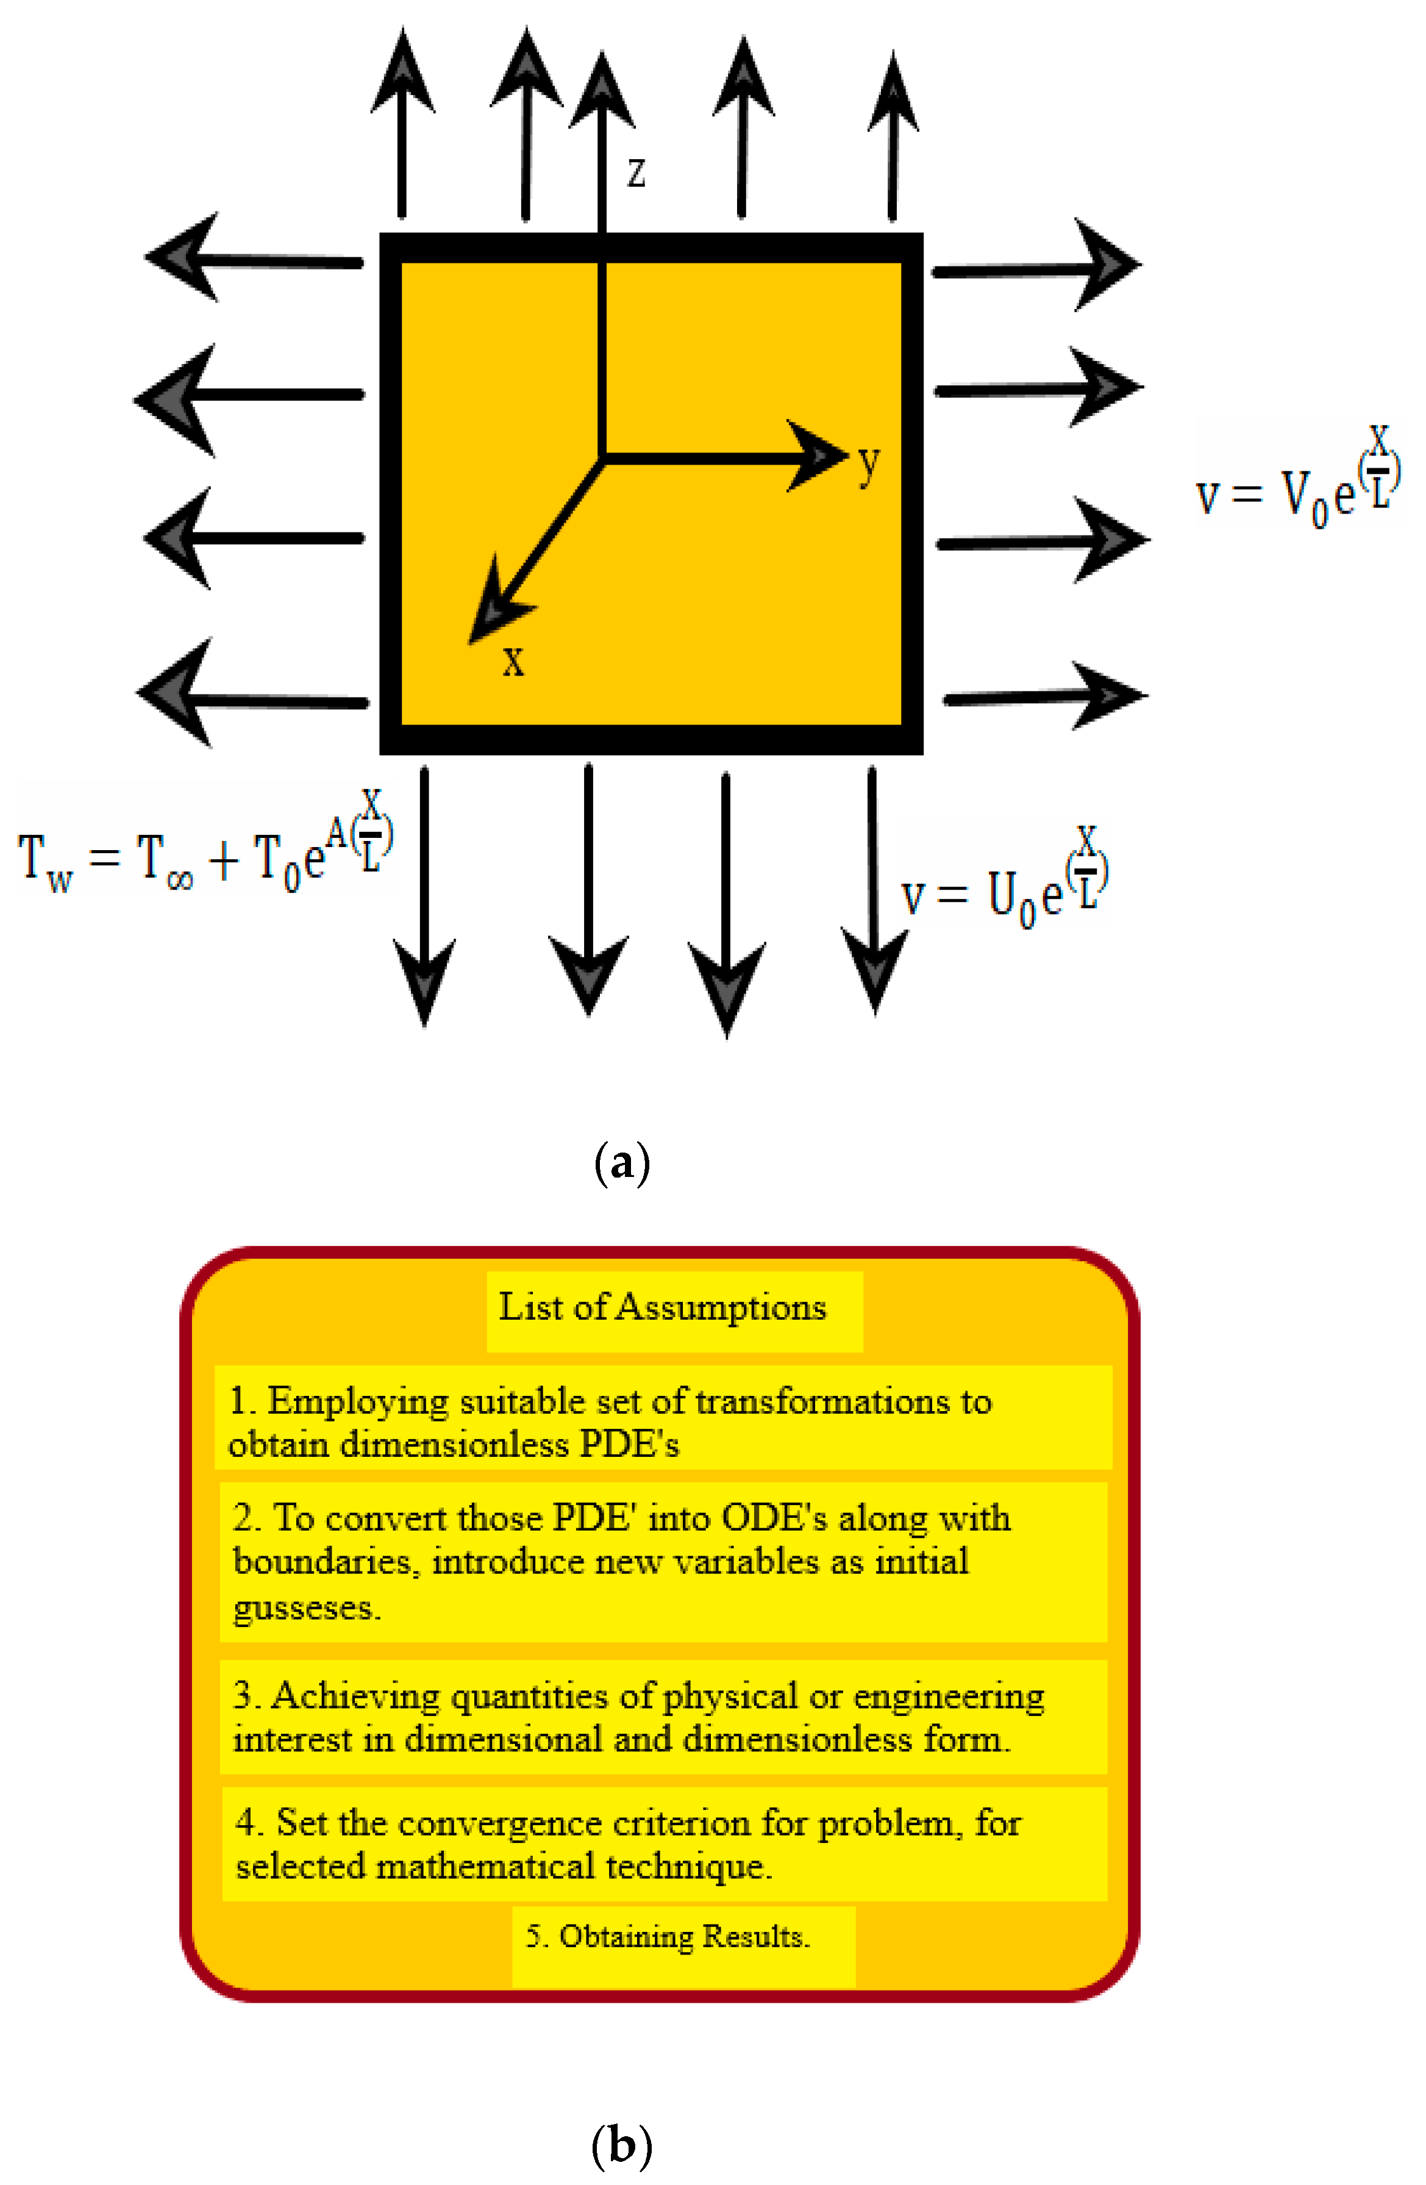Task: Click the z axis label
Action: pyautogui.click(x=636, y=173)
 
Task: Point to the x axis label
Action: pyautogui.click(x=513, y=660)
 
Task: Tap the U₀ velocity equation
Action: pyautogui.click(x=1005, y=881)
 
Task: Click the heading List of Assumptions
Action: pyautogui.click(x=661, y=1307)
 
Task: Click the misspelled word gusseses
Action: pyautogui.click(x=307, y=1607)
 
